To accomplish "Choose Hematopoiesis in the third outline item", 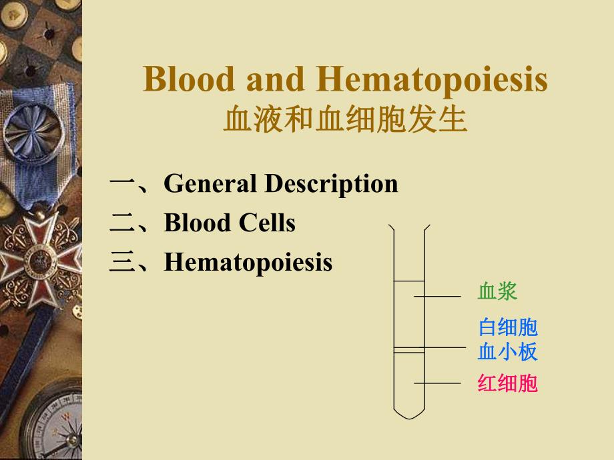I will click(248, 262).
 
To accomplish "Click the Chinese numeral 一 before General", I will click(124, 184).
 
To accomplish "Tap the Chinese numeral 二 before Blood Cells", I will click(124, 223).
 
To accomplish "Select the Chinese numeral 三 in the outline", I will click(124, 263).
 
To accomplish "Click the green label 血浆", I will click(497, 291).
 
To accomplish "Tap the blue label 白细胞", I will click(508, 327).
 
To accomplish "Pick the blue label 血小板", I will click(508, 351).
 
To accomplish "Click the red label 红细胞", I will click(508, 383).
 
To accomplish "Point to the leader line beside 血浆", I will click(437, 295).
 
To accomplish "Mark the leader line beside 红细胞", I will click(437, 383).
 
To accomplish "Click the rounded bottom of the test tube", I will click(409, 413).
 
